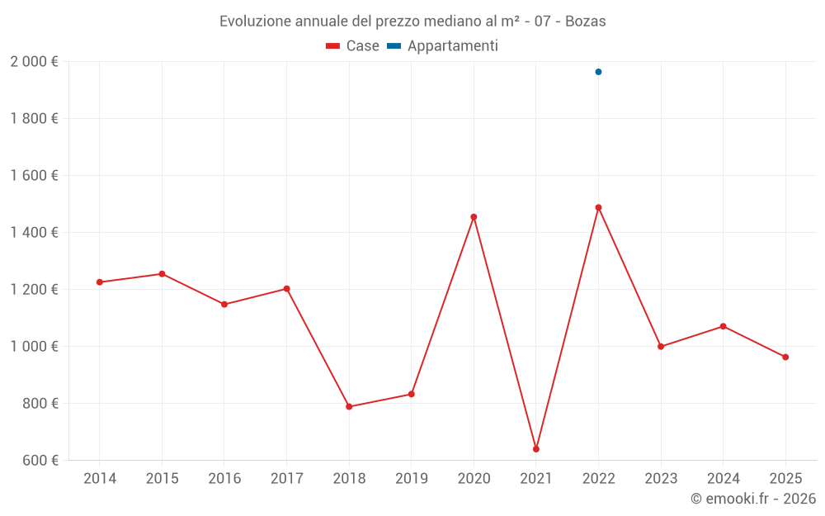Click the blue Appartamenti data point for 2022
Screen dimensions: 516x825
pos(598,72)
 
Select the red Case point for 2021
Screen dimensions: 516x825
pos(536,449)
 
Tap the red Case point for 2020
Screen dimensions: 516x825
pos(474,217)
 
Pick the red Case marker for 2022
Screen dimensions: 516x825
pos(598,207)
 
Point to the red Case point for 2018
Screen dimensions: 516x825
pos(349,406)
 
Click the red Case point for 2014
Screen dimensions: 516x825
pos(100,282)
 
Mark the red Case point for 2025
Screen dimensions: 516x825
pos(785,357)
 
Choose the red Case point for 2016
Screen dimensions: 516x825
pos(224,305)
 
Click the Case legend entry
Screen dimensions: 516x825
pos(353,46)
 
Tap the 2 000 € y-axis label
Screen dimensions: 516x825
pos(34,61)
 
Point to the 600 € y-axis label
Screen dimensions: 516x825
pos(40,461)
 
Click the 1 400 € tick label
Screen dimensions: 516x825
pos(34,233)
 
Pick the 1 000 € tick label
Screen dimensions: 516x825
pos(34,347)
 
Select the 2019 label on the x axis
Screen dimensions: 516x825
pos(411,478)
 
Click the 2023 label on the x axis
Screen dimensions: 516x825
pos(661,478)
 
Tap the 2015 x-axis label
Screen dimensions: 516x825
pos(162,478)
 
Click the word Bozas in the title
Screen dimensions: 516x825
pos(585,21)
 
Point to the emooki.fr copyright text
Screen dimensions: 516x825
pos(753,499)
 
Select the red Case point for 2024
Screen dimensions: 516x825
pos(724,326)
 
